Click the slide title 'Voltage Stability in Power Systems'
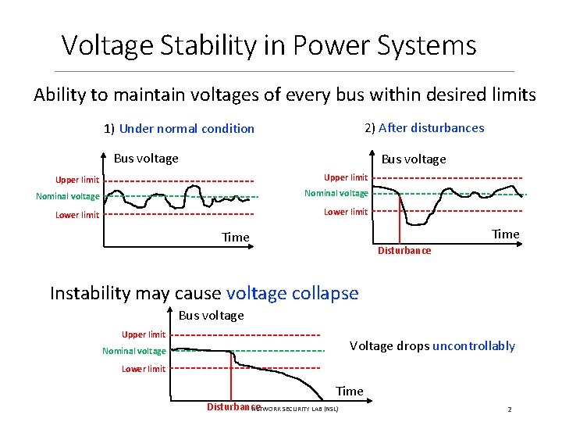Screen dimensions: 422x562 click(269, 45)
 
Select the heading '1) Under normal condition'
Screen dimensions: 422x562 click(179, 129)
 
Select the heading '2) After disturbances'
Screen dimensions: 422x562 click(424, 128)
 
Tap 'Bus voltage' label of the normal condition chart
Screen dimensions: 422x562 click(146, 159)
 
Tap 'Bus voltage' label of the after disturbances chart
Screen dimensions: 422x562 click(414, 159)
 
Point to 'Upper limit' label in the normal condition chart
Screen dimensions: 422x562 click(77, 181)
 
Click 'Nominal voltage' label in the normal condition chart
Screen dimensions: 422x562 click(68, 197)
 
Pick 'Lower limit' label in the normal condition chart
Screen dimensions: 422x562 click(77, 215)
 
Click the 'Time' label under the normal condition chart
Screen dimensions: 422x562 click(235, 238)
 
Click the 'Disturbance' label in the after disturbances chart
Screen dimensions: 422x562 click(404, 251)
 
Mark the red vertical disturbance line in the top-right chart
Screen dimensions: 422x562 click(400, 223)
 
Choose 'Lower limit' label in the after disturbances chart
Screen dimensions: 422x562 click(346, 212)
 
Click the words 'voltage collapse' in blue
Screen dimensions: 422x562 click(292, 294)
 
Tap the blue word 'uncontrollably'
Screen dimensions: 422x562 click(474, 346)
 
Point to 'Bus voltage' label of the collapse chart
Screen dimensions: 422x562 click(211, 316)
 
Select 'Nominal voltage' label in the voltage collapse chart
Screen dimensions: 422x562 click(133, 352)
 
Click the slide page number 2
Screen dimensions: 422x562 click(509, 409)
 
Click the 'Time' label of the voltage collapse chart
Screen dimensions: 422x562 click(349, 391)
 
